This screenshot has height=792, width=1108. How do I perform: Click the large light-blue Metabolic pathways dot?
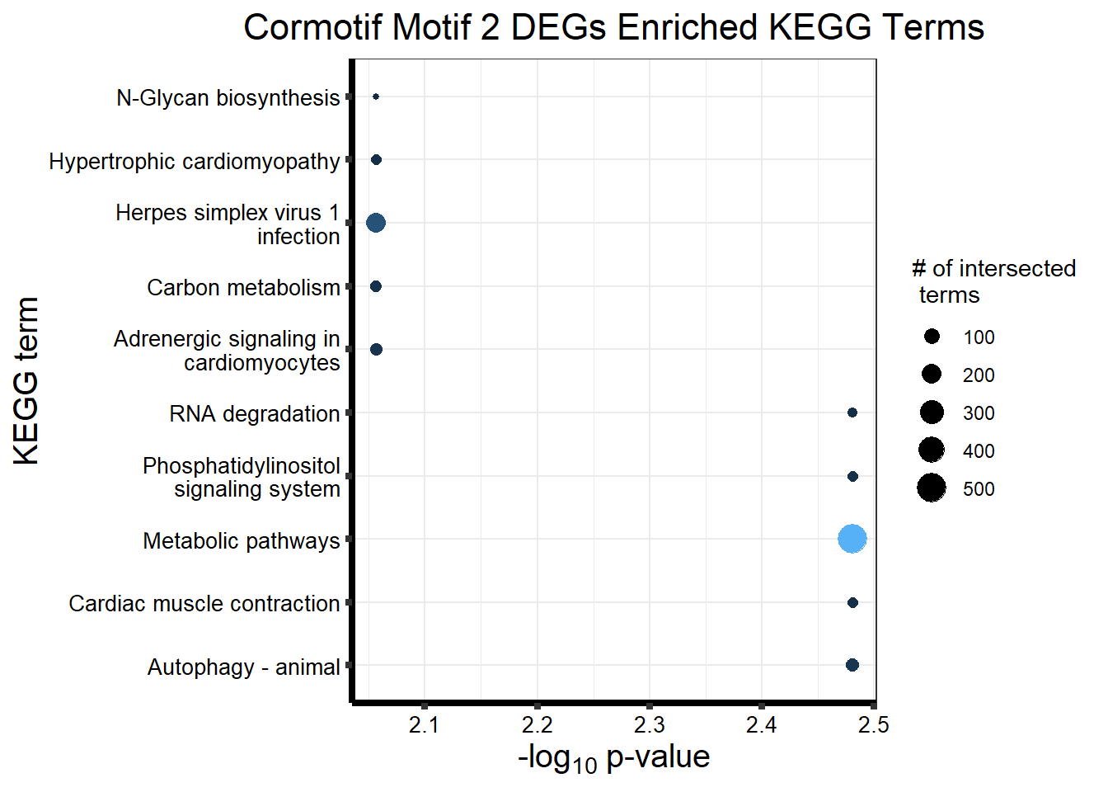pyautogui.click(x=852, y=539)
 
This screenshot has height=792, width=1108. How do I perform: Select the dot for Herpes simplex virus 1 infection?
pyautogui.click(x=376, y=223)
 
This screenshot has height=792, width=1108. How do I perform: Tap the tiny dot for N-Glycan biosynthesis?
pyautogui.click(x=376, y=97)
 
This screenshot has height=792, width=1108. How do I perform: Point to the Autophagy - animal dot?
pyautogui.click(x=852, y=665)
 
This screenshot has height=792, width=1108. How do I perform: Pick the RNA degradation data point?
pyautogui.click(x=852, y=412)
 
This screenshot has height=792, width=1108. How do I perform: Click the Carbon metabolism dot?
pyautogui.click(x=376, y=286)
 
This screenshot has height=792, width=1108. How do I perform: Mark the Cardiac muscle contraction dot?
pyautogui.click(x=852, y=603)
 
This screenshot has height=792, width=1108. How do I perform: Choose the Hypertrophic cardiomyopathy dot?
pyautogui.click(x=376, y=159)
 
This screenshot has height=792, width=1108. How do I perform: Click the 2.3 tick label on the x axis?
pyautogui.click(x=650, y=725)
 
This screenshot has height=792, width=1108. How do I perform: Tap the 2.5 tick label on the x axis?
pyautogui.click(x=874, y=725)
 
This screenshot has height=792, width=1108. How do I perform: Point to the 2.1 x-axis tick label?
pyautogui.click(x=425, y=725)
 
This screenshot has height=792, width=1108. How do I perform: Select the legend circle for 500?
pyautogui.click(x=932, y=488)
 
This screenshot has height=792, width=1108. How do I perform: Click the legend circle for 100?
pyautogui.click(x=932, y=337)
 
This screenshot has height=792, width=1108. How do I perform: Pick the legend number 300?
pyautogui.click(x=979, y=413)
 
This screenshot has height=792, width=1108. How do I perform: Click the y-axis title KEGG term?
pyautogui.click(x=27, y=381)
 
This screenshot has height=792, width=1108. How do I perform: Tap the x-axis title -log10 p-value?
pyautogui.click(x=613, y=757)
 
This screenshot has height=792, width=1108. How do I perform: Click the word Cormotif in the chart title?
pyautogui.click(x=313, y=27)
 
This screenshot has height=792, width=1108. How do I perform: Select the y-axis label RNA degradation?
pyautogui.click(x=254, y=413)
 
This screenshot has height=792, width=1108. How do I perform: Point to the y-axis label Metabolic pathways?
pyautogui.click(x=241, y=540)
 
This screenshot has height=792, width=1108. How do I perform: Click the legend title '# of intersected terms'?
pyautogui.click(x=993, y=281)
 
